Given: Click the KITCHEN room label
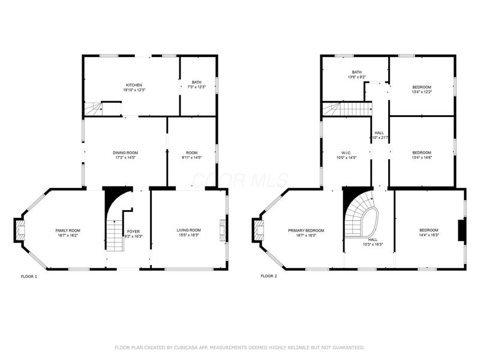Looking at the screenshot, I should (134, 85).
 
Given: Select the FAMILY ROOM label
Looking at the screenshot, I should (68, 230).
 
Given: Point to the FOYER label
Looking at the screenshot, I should (133, 231).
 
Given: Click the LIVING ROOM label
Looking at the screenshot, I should (188, 230).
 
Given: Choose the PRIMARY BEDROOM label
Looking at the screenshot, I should (306, 230).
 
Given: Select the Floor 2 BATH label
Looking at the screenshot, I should (357, 73).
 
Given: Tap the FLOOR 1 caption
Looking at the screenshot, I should (29, 277).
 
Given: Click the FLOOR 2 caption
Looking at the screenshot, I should (269, 277).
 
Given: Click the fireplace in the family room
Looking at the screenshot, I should (20, 230).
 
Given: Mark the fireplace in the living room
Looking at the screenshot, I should (223, 230).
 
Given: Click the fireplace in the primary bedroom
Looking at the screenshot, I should (259, 230).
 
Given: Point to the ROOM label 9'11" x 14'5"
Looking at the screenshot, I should (192, 153).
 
